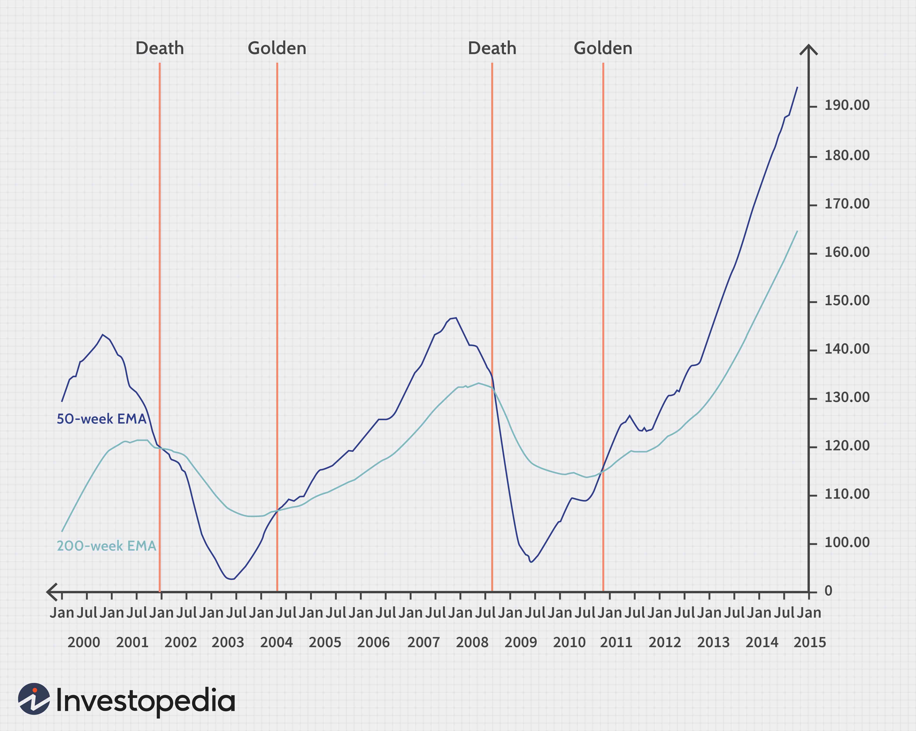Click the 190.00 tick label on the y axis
pos(847,105)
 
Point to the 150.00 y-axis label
pos(847,301)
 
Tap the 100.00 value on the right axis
pos(847,543)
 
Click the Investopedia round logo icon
pos(34,699)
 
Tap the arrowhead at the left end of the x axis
pos(52,592)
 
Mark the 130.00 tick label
pos(847,398)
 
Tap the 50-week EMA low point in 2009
pos(531,562)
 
